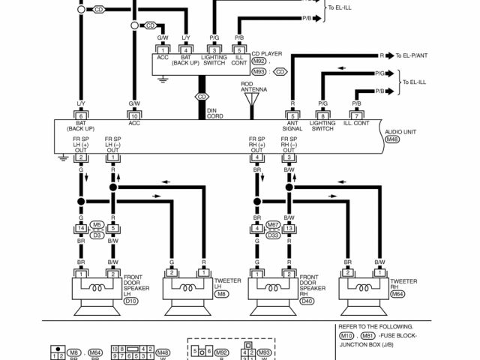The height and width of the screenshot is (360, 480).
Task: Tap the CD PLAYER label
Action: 266,53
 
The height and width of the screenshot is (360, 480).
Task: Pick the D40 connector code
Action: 307,301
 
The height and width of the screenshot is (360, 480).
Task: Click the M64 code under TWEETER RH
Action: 397,295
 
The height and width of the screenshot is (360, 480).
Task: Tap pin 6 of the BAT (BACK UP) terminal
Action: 80,115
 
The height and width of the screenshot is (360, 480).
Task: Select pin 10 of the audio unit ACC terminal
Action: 134,115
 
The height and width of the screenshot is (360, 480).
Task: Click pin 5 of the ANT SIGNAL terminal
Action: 292,115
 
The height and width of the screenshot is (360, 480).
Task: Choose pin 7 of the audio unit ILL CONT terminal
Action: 358,115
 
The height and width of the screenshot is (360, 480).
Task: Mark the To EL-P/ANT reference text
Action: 415,55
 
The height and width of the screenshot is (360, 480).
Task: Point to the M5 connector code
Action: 97,223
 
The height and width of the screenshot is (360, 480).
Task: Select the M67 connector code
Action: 274,223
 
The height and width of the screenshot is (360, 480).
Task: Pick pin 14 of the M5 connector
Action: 80,228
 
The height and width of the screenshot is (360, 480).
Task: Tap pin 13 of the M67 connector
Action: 288,228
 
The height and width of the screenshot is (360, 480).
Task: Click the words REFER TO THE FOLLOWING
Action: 376,327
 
